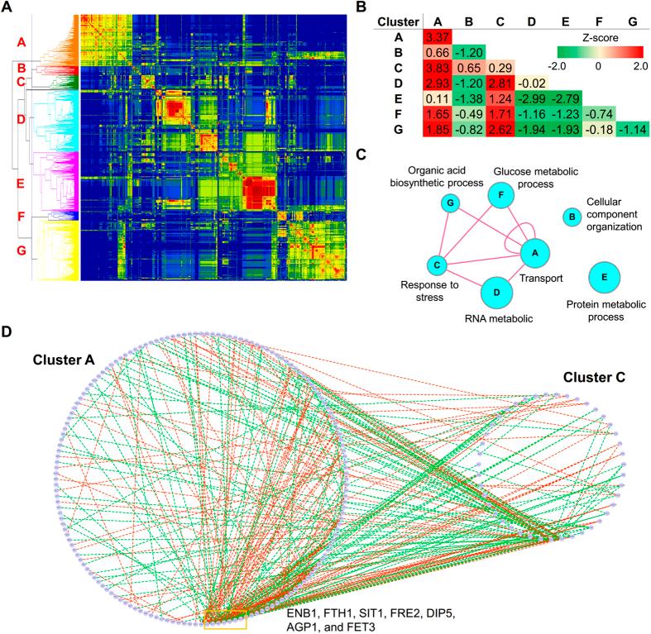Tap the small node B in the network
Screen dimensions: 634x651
point(570,217)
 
